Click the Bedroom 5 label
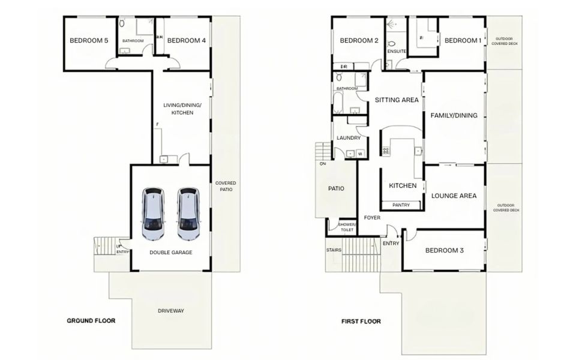point(89,40)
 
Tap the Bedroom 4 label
point(186,40)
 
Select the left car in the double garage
point(153,214)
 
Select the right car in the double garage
point(188,214)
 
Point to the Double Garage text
point(171,253)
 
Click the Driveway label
point(171,311)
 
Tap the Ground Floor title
point(91,320)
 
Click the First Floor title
point(361,322)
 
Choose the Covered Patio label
point(226,186)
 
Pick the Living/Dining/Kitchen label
point(182,109)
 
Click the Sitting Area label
point(397,100)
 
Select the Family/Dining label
point(454,115)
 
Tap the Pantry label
point(401,205)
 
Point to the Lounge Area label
point(454,196)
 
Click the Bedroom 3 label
point(445,251)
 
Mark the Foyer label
point(372,218)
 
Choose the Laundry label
point(349,138)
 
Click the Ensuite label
point(397,52)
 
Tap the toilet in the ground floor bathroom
point(122,23)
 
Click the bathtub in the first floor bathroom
point(338,103)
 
